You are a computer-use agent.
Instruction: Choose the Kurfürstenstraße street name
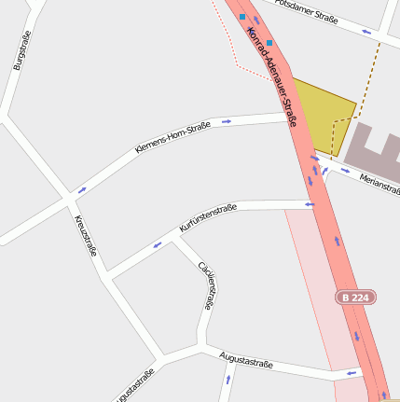coord(208,218)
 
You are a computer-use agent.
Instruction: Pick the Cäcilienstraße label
coord(207,285)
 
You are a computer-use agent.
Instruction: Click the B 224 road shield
coord(356,297)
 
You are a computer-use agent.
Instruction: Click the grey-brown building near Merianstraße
coord(373,145)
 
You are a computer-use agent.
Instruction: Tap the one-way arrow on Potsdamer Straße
coord(366,32)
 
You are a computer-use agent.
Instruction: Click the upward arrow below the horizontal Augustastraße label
coord(228,381)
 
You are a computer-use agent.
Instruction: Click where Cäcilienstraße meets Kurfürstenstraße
coord(173,237)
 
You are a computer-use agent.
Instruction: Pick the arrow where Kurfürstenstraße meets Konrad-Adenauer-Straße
coord(310,204)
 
